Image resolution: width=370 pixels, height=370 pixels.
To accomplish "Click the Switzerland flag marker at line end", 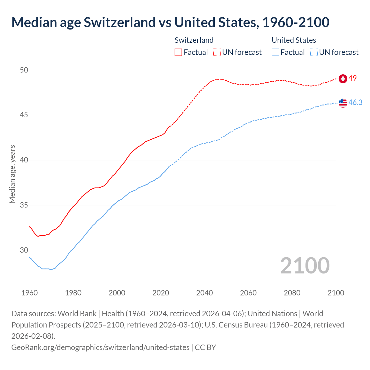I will click(343, 79).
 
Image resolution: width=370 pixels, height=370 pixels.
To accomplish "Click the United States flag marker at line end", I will click(343, 103).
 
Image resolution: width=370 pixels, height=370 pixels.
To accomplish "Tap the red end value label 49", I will click(353, 78).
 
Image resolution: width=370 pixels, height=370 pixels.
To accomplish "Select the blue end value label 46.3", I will click(355, 103).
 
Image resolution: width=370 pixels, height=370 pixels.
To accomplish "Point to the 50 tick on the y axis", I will click(24, 70).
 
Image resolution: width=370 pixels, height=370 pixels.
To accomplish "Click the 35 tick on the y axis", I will click(24, 205).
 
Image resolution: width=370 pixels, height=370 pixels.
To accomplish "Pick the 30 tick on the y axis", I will click(24, 250).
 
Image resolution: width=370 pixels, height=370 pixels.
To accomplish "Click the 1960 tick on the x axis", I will click(29, 293).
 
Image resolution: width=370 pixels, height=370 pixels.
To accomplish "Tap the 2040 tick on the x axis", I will click(205, 293).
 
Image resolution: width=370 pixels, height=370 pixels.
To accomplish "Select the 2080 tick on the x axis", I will click(292, 293).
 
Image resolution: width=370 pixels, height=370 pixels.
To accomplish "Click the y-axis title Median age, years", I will click(12, 174).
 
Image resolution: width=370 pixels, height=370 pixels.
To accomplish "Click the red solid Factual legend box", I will click(178, 52).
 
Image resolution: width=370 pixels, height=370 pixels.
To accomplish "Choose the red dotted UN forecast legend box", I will click(217, 52).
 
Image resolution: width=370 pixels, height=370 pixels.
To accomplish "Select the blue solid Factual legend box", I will click(275, 52).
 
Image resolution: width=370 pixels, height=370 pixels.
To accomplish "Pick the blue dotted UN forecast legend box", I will click(314, 52).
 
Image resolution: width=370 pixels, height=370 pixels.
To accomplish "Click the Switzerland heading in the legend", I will click(194, 40).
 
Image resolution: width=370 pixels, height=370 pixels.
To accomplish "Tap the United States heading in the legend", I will click(294, 40).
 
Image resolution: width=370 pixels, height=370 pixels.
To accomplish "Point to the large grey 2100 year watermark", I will click(305, 266).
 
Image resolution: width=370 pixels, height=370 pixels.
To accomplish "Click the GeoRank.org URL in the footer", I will click(100, 347).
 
